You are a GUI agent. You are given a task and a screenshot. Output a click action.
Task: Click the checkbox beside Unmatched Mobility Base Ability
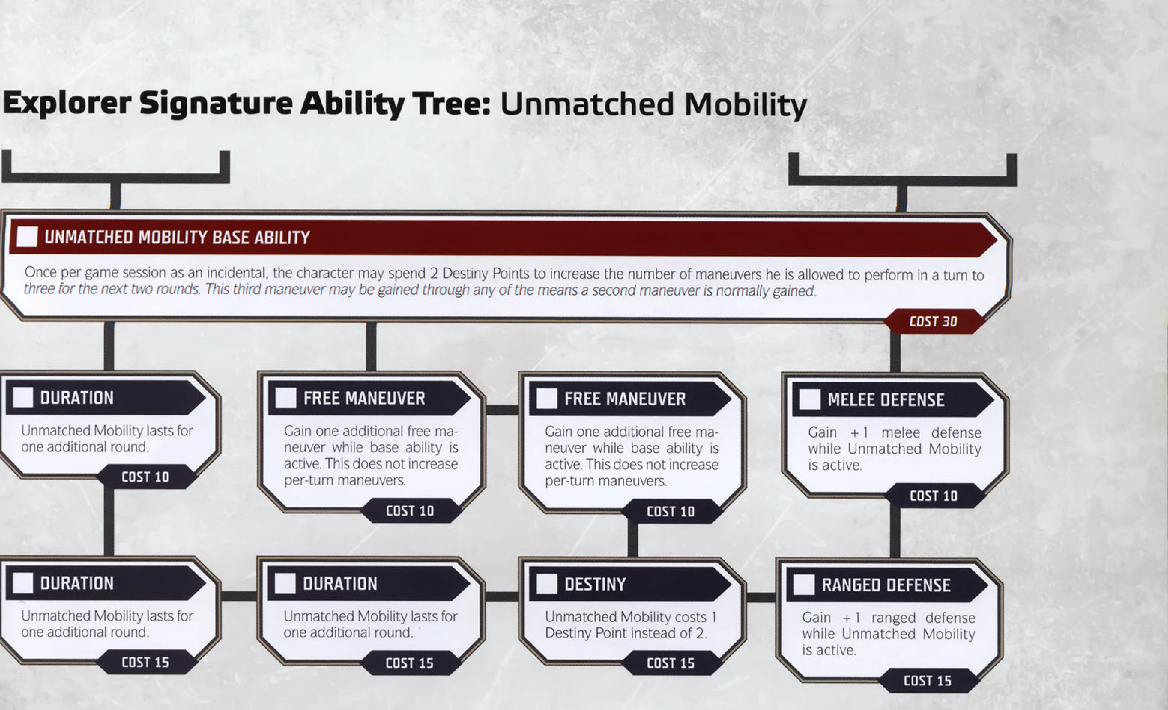(27, 236)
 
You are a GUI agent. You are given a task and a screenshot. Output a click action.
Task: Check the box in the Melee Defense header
(810, 399)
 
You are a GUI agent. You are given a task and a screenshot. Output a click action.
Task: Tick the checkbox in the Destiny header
(546, 584)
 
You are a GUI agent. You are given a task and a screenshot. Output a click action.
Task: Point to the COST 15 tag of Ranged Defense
(928, 681)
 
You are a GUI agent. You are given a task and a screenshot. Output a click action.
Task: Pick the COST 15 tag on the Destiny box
(671, 663)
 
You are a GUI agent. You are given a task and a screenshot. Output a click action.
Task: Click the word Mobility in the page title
(745, 105)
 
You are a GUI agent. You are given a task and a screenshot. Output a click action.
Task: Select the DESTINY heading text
(595, 585)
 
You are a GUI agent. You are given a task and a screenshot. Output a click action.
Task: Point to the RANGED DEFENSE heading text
(886, 585)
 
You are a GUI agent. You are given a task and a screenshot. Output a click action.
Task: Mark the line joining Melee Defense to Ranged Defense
(895, 532)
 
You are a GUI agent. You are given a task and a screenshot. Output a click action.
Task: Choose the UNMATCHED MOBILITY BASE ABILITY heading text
(177, 237)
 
